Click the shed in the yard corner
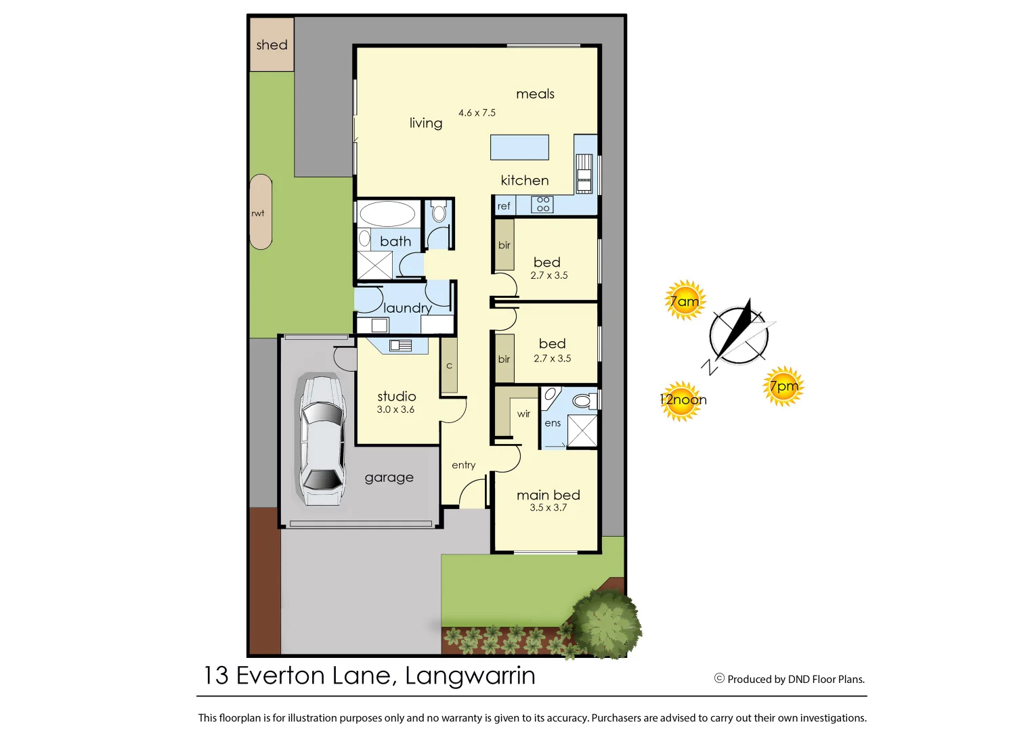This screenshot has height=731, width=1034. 272,45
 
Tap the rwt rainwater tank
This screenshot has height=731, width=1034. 261,212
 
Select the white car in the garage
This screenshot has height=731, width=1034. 322,440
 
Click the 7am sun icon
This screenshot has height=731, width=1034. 685,301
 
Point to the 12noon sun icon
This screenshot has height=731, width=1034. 682,401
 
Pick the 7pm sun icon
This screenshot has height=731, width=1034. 783,386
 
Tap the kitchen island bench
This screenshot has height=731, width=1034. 519,147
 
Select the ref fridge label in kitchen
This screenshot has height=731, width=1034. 504,206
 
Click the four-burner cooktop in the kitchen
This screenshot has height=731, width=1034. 542,204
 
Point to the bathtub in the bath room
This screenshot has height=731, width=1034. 387,214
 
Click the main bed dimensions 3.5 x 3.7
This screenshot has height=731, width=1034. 548,508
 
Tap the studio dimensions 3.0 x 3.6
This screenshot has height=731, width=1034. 395,409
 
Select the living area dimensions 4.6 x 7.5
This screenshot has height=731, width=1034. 477,113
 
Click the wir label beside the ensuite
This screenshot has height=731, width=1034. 523,414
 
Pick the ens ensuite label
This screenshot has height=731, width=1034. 553,423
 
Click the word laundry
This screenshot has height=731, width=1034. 407,308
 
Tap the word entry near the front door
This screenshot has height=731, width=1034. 463,465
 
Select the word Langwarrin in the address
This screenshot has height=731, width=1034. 470,675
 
